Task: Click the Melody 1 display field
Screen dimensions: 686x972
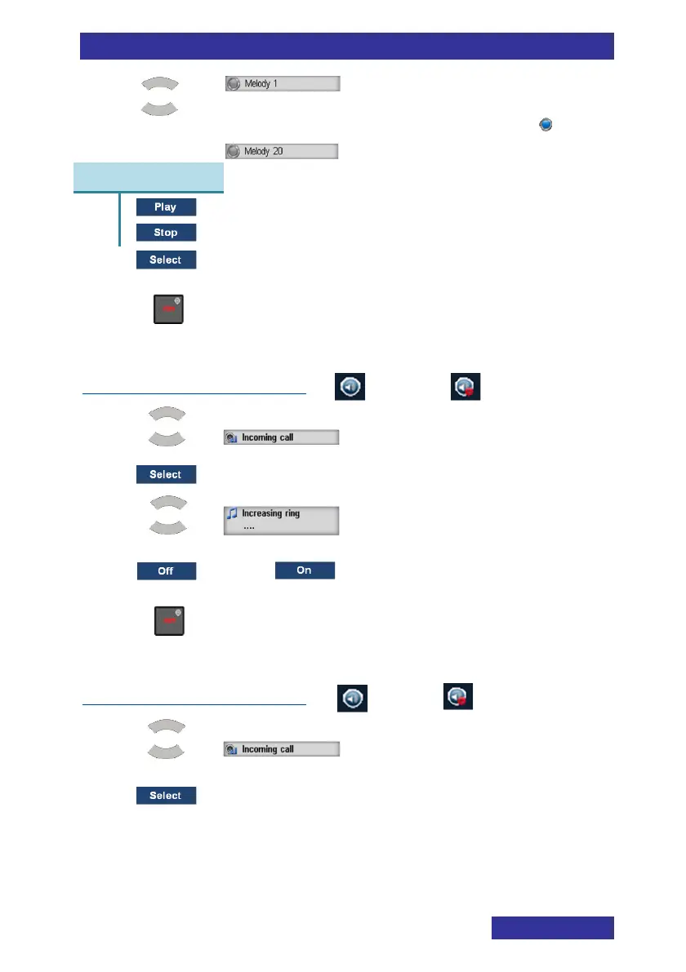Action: [282, 84]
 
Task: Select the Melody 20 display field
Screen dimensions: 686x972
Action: [281, 151]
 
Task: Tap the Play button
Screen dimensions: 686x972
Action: [166, 207]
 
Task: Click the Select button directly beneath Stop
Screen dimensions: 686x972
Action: [166, 260]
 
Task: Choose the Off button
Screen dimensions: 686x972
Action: [166, 571]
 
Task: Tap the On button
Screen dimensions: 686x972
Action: [305, 570]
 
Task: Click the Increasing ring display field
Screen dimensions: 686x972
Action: [282, 520]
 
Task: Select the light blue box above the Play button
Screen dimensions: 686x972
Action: [149, 177]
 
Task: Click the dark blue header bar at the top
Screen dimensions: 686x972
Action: [346, 47]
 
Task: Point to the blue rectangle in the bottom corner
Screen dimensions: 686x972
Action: [552, 928]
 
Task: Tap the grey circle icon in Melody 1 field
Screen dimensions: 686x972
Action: [234, 84]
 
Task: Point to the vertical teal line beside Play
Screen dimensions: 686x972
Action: [119, 220]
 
